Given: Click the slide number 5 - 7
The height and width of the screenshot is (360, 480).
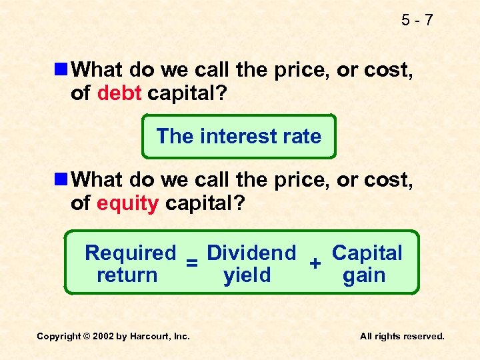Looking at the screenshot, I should [x=417, y=20].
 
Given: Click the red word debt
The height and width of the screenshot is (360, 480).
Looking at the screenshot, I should [x=119, y=93].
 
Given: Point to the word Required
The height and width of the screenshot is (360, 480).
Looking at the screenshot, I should [x=131, y=253].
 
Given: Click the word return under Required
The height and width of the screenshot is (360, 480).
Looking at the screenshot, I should [x=127, y=275].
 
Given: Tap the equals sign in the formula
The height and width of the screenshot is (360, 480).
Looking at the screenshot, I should [x=191, y=264].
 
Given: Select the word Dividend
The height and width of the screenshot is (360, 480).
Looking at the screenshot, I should [x=251, y=253].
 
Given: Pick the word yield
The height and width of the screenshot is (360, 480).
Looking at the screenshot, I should [x=247, y=275].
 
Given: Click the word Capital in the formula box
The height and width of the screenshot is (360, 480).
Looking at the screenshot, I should [x=367, y=253].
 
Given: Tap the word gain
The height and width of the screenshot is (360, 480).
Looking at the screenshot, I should [x=364, y=275].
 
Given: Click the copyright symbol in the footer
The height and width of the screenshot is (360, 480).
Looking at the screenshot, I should [x=87, y=337].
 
